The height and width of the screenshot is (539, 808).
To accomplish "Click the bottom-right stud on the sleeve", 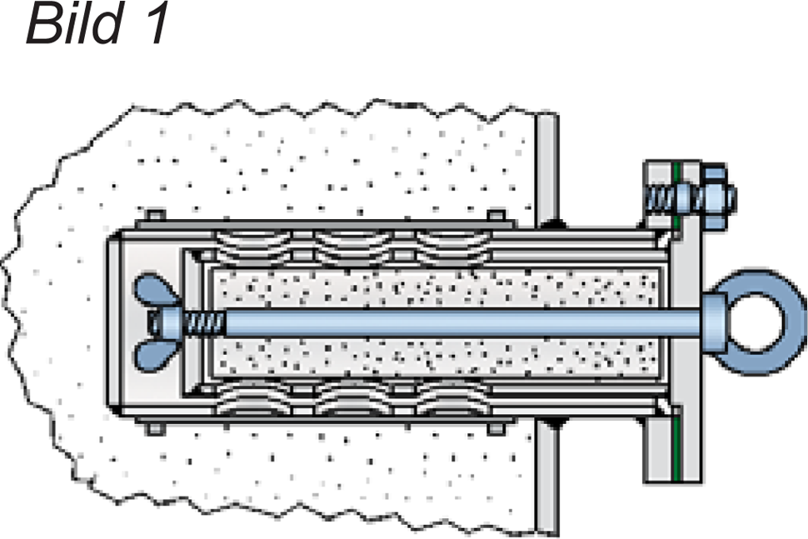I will pyautogui.click(x=496, y=429).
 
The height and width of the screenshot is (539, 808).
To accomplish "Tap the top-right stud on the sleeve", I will pyautogui.click(x=496, y=216).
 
